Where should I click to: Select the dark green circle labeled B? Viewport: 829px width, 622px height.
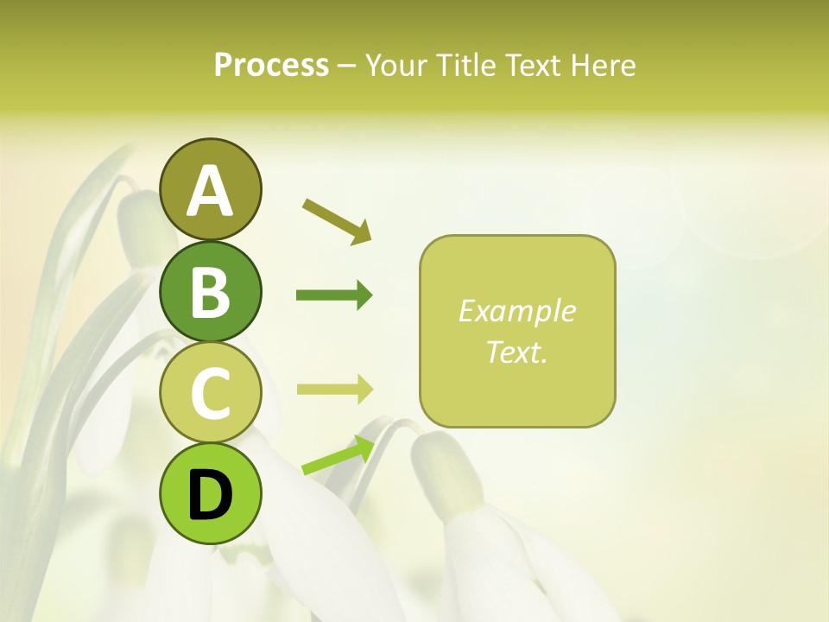click(210, 291)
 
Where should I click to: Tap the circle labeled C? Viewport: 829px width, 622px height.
click(210, 393)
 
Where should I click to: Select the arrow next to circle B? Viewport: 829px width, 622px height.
click(334, 295)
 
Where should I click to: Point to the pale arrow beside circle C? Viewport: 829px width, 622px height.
click(334, 390)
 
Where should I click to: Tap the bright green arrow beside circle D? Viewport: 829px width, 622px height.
click(338, 456)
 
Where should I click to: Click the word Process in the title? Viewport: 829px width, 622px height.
click(271, 65)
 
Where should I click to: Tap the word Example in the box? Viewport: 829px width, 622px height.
click(516, 311)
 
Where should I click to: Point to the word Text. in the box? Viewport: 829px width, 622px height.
click(516, 352)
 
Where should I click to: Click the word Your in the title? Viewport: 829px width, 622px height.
click(395, 65)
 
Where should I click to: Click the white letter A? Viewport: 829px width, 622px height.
click(210, 191)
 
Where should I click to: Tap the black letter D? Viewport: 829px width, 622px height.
click(210, 496)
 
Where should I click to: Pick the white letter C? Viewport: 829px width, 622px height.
click(210, 394)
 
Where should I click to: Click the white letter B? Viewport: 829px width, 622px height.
click(210, 292)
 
